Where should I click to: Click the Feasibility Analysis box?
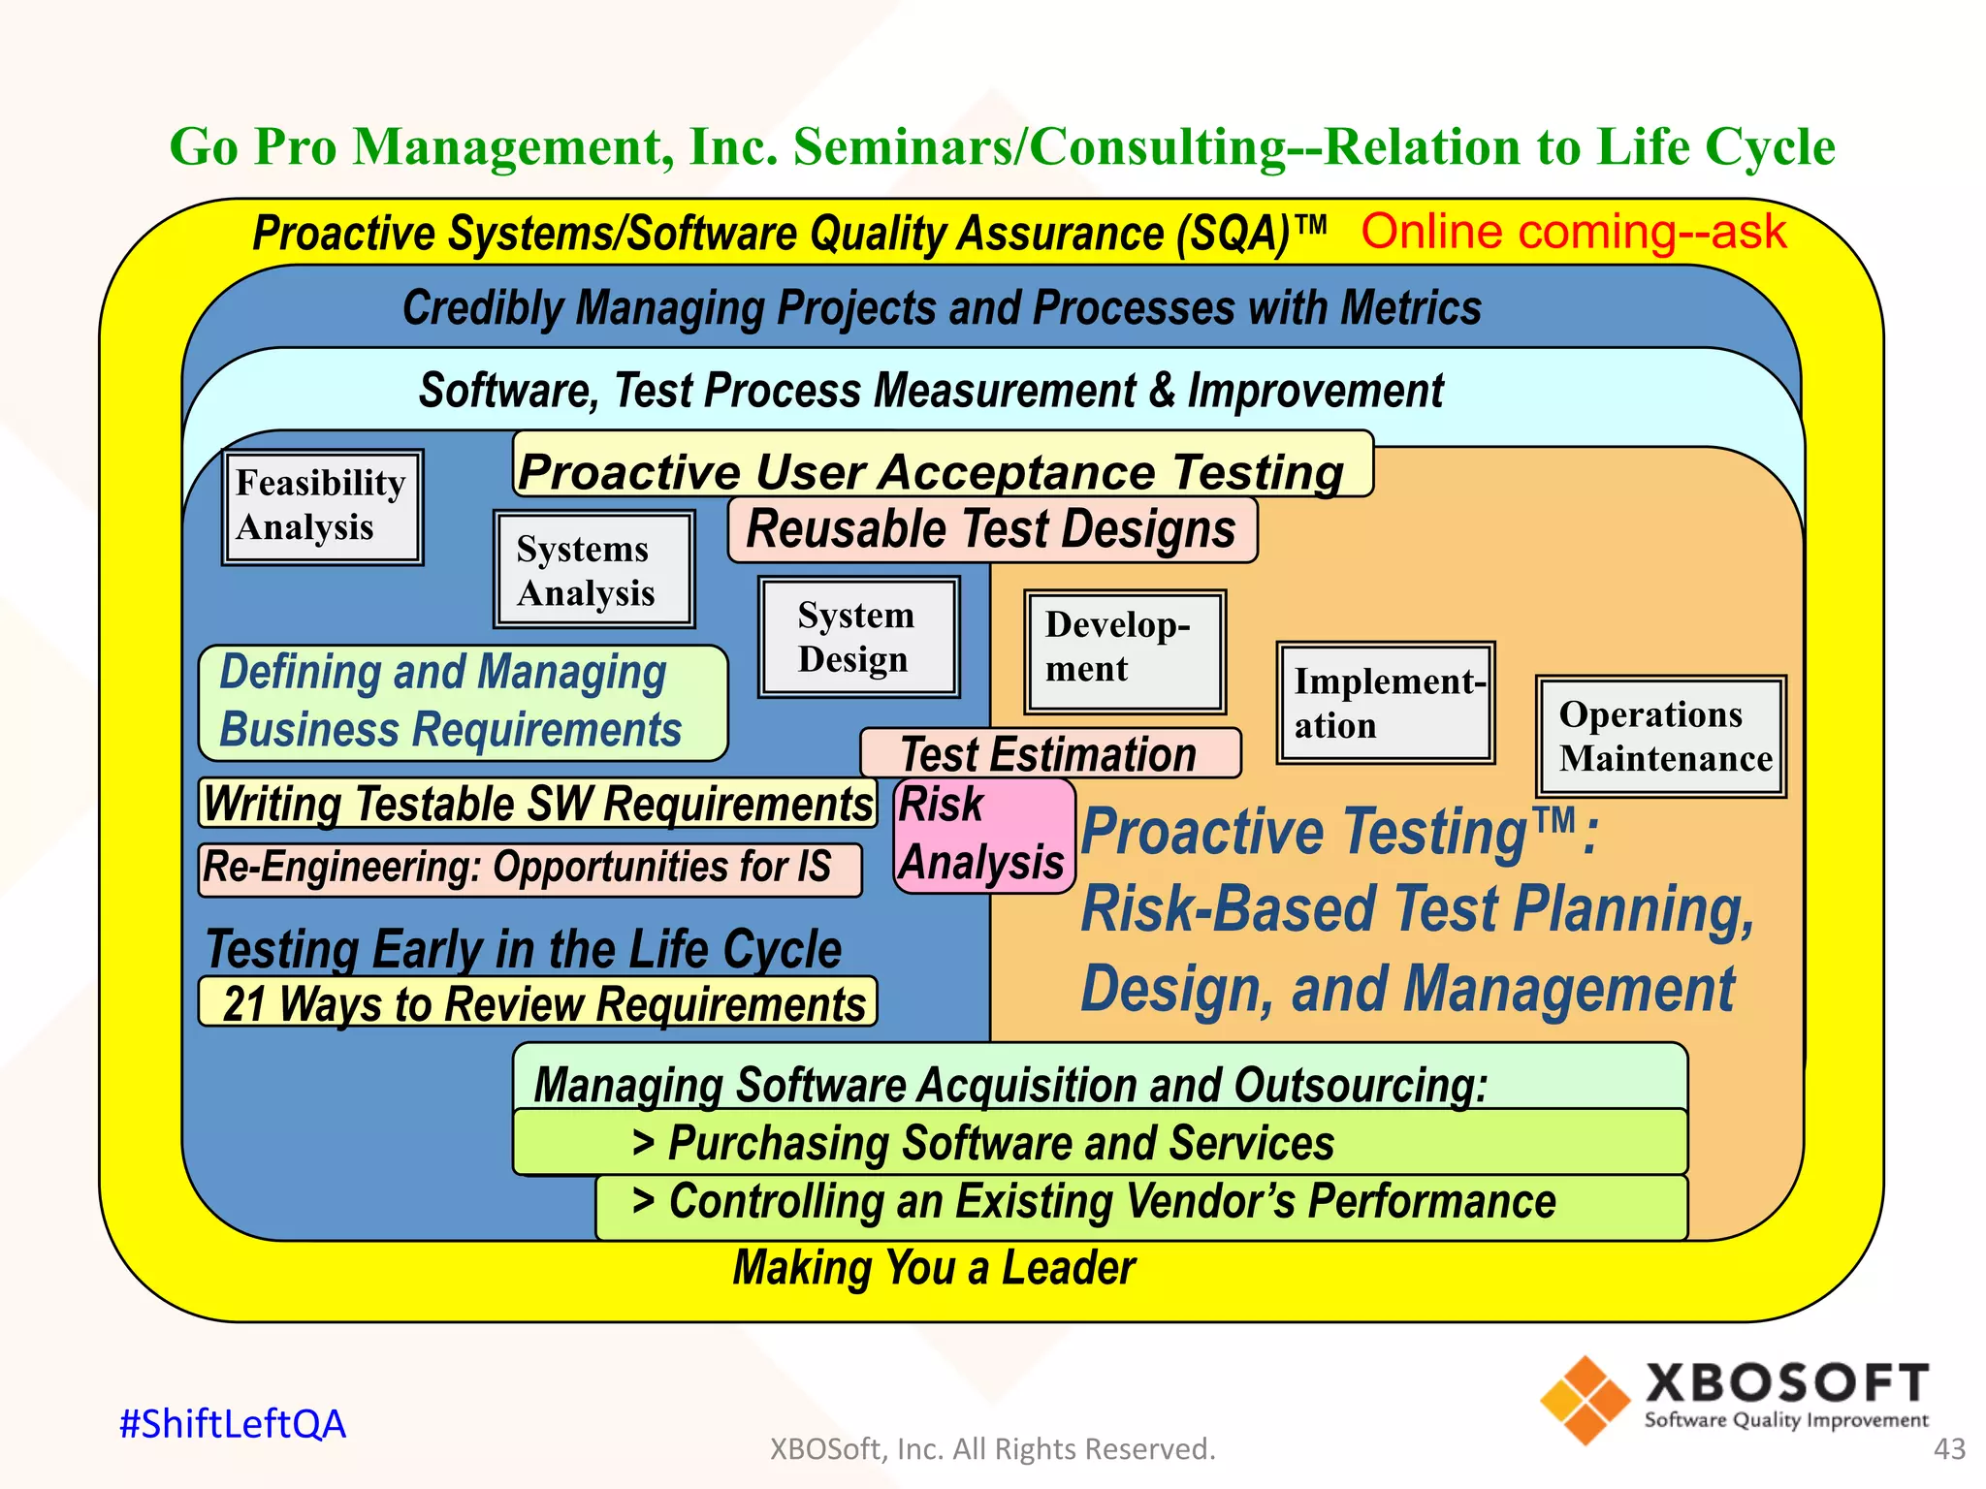[322, 506]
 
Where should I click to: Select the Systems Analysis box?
[593, 570]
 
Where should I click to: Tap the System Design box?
[858, 637]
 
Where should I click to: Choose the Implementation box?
[1385, 703]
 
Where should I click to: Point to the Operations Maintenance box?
[1660, 737]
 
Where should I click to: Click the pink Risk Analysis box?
[982, 835]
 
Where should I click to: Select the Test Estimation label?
[1049, 754]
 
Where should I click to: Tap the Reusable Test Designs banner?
[991, 530]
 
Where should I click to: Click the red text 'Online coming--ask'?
[1573, 233]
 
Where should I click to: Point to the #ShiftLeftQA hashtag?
[233, 1424]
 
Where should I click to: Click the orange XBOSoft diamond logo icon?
[1585, 1400]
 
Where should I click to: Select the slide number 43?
[1949, 1448]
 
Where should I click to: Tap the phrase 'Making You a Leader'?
[934, 1268]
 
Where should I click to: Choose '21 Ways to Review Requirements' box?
[538, 1003]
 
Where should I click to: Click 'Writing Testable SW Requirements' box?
[538, 804]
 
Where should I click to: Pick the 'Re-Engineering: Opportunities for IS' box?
[529, 869]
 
